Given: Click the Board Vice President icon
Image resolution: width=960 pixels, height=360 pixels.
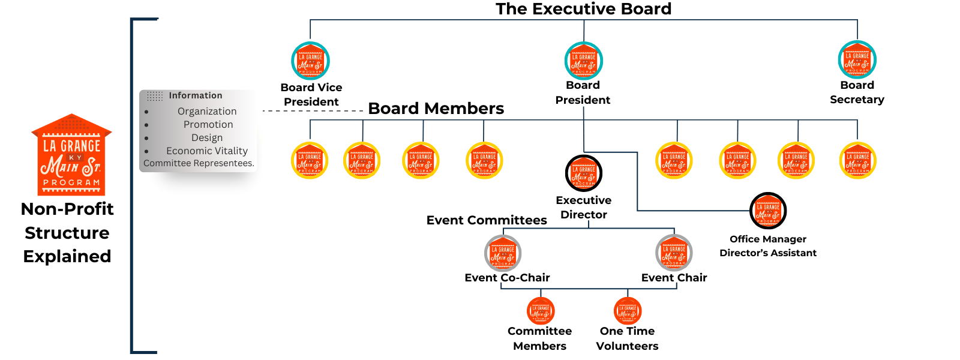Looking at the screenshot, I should click(x=310, y=61).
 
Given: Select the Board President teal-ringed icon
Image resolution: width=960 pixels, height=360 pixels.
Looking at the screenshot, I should click(x=583, y=61).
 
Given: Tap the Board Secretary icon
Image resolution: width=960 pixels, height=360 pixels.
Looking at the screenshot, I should click(x=857, y=60).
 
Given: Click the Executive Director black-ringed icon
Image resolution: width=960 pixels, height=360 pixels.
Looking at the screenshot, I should click(x=583, y=173).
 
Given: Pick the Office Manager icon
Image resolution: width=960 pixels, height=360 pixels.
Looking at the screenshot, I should click(x=768, y=211).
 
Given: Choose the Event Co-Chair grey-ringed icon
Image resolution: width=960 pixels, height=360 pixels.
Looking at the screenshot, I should click(x=503, y=253).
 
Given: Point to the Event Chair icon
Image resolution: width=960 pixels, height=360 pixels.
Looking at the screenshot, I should click(x=674, y=253).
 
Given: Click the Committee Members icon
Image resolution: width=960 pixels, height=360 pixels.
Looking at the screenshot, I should click(x=541, y=311).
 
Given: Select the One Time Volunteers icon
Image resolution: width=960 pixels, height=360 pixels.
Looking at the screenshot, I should click(x=628, y=311).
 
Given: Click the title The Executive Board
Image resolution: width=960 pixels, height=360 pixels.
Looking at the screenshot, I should click(x=583, y=9).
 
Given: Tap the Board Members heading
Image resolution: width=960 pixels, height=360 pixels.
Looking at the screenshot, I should click(x=436, y=109).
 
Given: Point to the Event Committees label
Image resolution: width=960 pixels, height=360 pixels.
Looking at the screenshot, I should click(x=487, y=220).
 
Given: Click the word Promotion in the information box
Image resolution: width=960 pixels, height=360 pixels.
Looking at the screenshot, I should click(x=208, y=124).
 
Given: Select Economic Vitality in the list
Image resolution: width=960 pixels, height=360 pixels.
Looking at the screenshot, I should click(x=207, y=151).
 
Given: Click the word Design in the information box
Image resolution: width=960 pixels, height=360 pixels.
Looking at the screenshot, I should click(x=207, y=137).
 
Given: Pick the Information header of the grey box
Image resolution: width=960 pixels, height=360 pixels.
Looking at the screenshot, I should click(x=195, y=95).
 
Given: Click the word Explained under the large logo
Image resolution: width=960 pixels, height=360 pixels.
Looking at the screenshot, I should click(x=67, y=256).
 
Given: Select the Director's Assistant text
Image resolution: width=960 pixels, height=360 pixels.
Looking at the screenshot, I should click(x=768, y=253).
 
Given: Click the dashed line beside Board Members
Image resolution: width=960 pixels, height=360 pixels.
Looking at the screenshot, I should click(x=313, y=111).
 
